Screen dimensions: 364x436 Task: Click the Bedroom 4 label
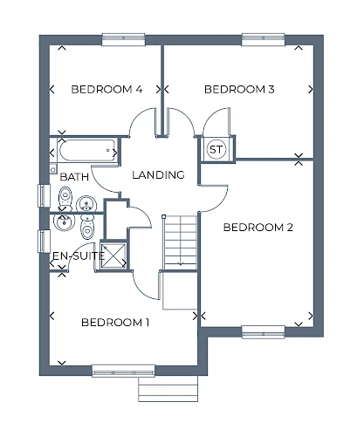tap(106, 89)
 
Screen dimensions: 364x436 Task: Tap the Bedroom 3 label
tap(239, 89)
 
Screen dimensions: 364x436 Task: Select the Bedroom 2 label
tap(258, 228)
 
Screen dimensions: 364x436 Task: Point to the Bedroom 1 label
tap(115, 323)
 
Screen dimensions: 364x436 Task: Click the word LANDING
tap(159, 175)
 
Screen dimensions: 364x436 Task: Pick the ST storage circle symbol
tap(216, 149)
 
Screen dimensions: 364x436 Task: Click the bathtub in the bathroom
tap(87, 151)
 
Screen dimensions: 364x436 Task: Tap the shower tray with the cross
tap(113, 255)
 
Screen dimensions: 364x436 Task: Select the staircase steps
tap(181, 242)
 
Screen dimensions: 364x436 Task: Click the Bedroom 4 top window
tap(123, 39)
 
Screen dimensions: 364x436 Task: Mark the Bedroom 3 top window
tap(264, 39)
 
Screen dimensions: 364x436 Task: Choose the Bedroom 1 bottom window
tap(123, 371)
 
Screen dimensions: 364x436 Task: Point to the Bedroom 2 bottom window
tap(264, 332)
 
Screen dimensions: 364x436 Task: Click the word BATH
tap(74, 177)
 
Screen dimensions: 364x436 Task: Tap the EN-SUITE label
tap(79, 256)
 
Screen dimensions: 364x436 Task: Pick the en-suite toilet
tap(87, 227)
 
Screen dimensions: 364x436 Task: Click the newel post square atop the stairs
tap(164, 216)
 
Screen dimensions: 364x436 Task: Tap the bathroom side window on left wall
tap(44, 195)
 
